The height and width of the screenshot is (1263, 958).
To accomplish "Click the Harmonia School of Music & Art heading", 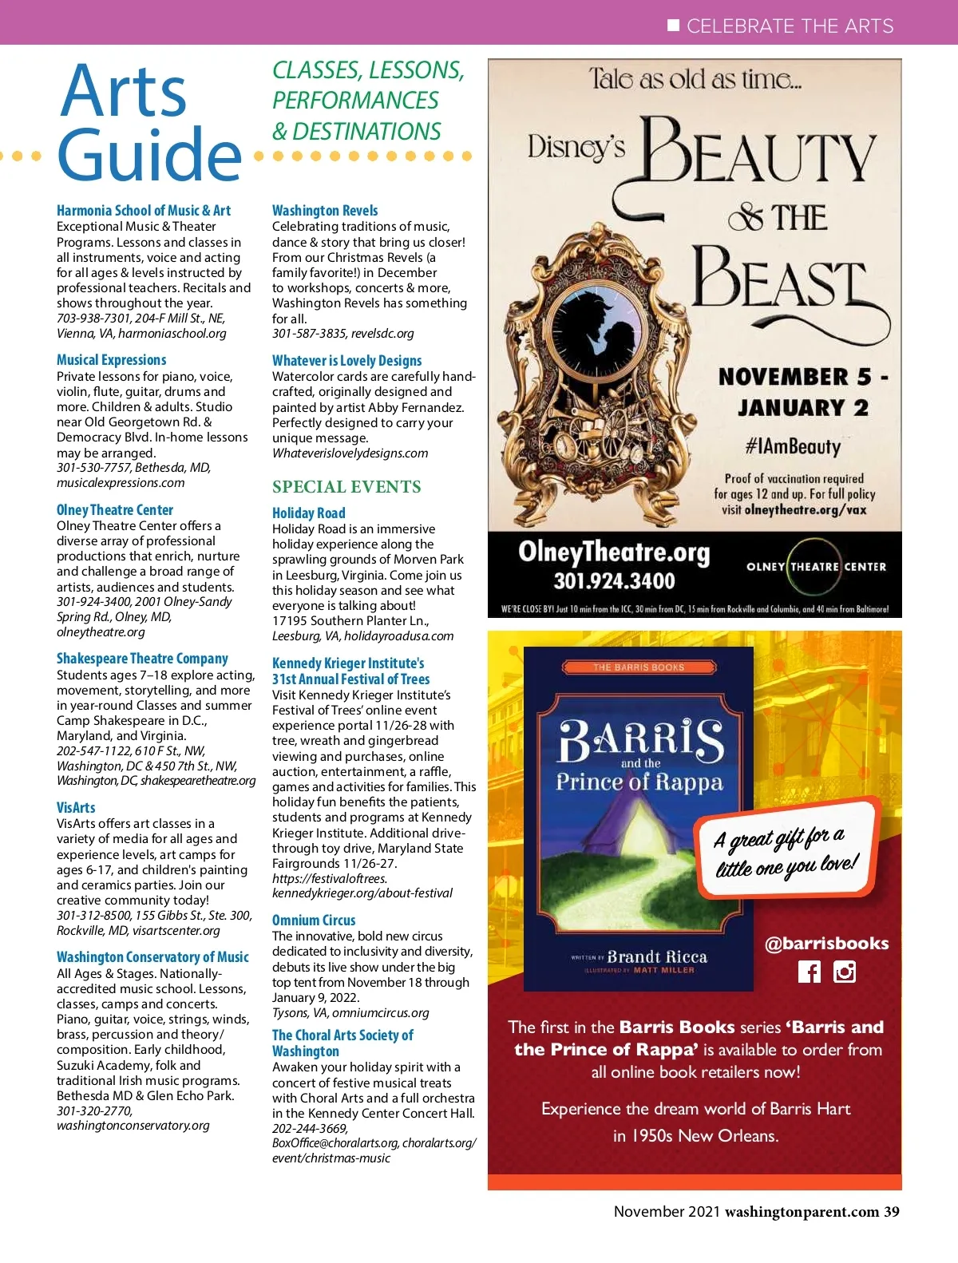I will pyautogui.click(x=144, y=211).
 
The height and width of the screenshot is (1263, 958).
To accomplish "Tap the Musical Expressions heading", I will pyautogui.click(x=112, y=360).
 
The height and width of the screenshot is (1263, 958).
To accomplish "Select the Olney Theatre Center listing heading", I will pyautogui.click(x=115, y=510).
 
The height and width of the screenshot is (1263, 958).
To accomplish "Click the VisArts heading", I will pyautogui.click(x=76, y=807).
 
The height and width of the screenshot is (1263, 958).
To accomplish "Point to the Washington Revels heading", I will pyautogui.click(x=325, y=211).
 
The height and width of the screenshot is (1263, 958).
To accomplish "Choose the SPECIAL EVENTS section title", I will pyautogui.click(x=346, y=487).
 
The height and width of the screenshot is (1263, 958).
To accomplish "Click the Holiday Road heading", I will pyautogui.click(x=309, y=513).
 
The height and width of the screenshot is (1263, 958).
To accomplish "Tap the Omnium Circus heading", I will pyautogui.click(x=314, y=921).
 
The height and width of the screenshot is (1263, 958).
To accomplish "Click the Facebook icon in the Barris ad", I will pyautogui.click(x=809, y=972).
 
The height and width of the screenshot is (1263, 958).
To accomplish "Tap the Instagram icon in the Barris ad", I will pyautogui.click(x=845, y=972).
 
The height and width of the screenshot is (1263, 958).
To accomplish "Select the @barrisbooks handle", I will pyautogui.click(x=826, y=944).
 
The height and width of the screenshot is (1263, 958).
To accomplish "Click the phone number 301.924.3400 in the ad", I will pyautogui.click(x=614, y=581).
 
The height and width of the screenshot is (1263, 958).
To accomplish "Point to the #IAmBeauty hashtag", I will pyautogui.click(x=793, y=446).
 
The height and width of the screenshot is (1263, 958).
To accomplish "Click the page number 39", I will pyautogui.click(x=891, y=1212).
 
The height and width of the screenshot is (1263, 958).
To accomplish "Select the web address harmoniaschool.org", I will pyautogui.click(x=172, y=334).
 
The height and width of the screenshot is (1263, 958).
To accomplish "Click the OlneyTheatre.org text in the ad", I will pyautogui.click(x=614, y=552).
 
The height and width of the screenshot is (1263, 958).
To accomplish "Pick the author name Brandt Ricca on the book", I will pyautogui.click(x=657, y=956).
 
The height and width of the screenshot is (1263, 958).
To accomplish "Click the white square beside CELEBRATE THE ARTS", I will pyautogui.click(x=673, y=26).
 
